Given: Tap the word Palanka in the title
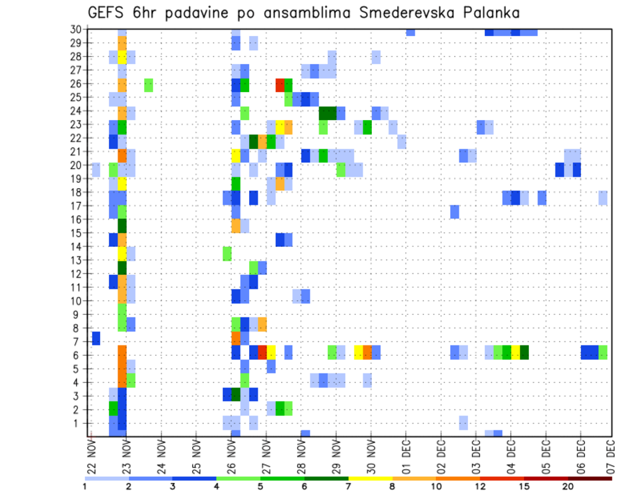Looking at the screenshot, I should (495, 13).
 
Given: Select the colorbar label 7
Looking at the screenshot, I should (349, 486).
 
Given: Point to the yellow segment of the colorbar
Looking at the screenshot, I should (371, 478).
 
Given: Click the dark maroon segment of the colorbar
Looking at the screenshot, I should (590, 478).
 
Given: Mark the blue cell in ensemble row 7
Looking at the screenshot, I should (96, 338).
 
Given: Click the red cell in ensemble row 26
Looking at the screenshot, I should (280, 85).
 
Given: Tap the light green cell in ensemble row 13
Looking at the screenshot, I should (227, 254).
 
